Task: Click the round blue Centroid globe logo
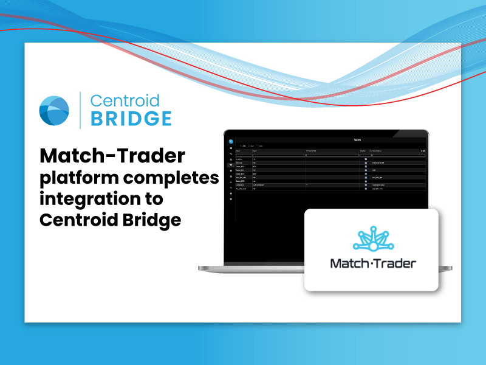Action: tap(54, 110)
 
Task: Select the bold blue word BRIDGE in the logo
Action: tap(131, 118)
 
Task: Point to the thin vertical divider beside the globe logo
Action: tap(80, 110)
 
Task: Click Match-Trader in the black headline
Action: tap(112, 157)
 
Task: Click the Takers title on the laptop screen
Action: tap(357, 140)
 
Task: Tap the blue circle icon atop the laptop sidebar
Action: tap(231, 142)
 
